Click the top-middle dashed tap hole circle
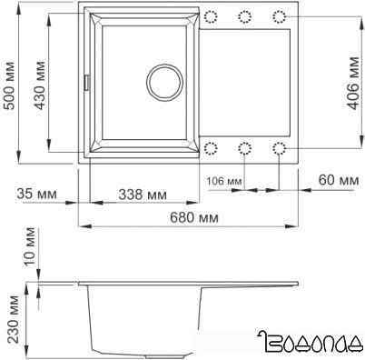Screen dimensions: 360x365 [x=244, y=16]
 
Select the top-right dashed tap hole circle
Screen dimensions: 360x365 [x=279, y=16]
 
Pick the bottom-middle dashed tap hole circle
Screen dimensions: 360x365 [x=244, y=147]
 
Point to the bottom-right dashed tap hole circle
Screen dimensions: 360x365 [x=279, y=147]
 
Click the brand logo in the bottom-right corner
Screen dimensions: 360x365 [x=311, y=343]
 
